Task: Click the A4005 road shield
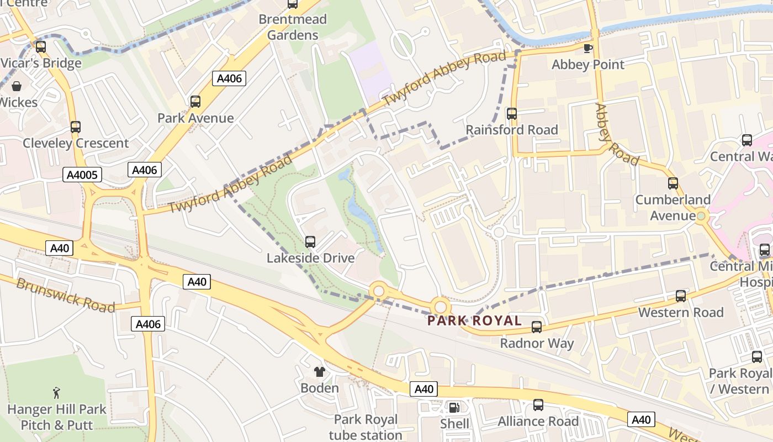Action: (x=82, y=175)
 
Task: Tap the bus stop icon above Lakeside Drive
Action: (x=310, y=242)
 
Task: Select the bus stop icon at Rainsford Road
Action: (x=512, y=114)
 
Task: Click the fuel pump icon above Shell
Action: (x=454, y=408)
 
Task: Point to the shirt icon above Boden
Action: (x=319, y=372)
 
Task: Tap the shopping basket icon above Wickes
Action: (x=17, y=87)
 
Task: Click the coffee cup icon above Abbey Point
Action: (x=588, y=49)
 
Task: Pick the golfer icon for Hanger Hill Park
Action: (x=56, y=393)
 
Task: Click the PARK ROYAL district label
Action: (x=475, y=320)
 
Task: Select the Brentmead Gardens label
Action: (x=293, y=27)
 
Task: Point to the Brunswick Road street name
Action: (x=65, y=295)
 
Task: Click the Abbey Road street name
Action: (x=617, y=135)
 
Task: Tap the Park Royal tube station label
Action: (x=366, y=427)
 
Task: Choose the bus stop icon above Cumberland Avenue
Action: (x=673, y=183)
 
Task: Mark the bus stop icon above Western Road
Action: (x=681, y=296)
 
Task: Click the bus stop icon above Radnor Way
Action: (x=536, y=327)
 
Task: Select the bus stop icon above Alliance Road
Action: (x=538, y=406)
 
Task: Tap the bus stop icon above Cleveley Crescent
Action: (x=76, y=127)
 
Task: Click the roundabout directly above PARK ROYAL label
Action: (x=441, y=306)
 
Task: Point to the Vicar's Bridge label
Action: (x=41, y=63)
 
